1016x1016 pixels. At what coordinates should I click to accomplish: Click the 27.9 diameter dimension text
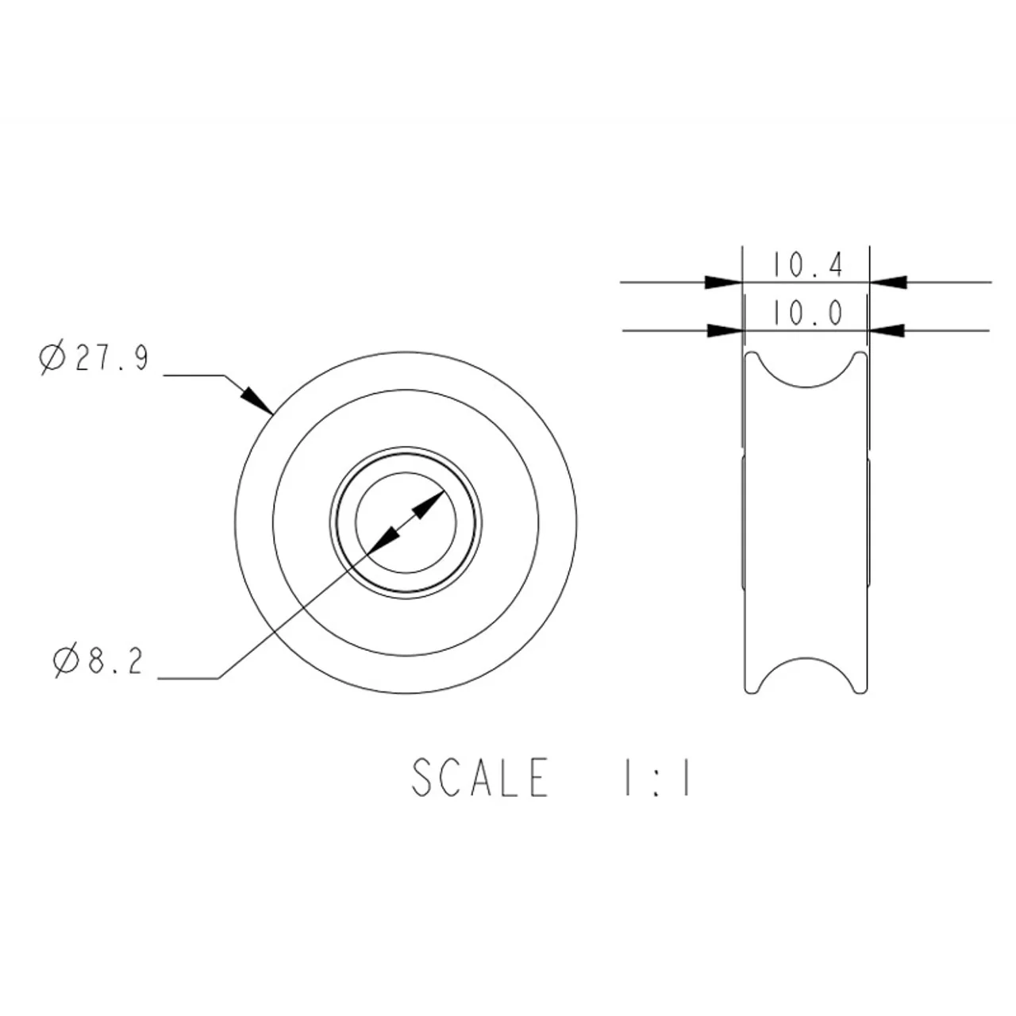(x=112, y=358)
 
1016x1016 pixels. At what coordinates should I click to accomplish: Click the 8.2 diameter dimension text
(x=115, y=660)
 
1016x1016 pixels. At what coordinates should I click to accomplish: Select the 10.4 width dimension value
(x=807, y=264)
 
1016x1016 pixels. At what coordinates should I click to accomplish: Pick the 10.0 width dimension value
(x=807, y=314)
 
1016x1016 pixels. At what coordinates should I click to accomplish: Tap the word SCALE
(x=479, y=777)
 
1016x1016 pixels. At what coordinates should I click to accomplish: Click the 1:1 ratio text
(x=657, y=777)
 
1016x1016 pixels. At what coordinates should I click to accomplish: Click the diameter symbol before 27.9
(x=52, y=359)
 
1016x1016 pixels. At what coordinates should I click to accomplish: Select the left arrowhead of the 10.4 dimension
(x=723, y=282)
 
